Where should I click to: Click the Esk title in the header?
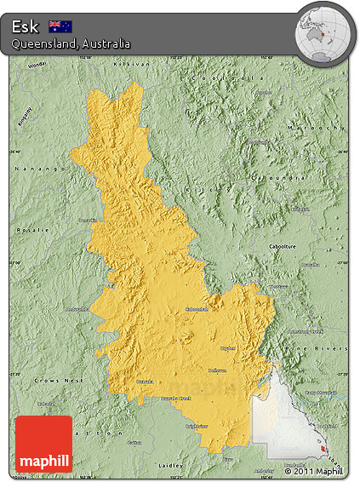(x=26, y=26)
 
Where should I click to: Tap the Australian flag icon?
(x=60, y=26)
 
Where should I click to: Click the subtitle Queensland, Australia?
(x=71, y=43)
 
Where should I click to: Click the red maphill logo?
(x=43, y=444)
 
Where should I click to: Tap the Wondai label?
(x=37, y=66)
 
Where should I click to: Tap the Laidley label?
(x=171, y=466)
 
